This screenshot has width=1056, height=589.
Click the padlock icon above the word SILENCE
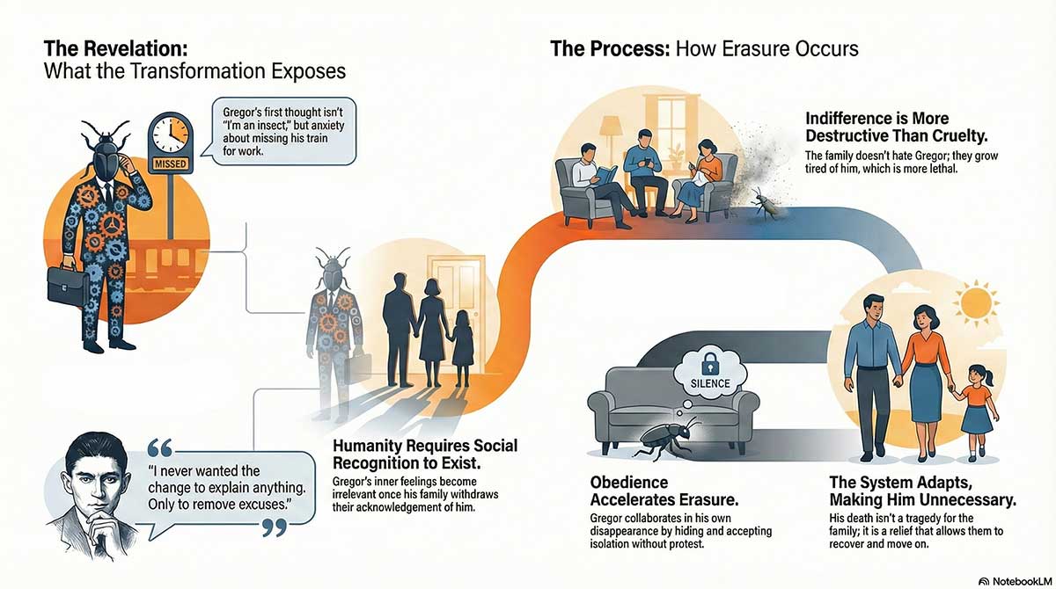click(x=706, y=361)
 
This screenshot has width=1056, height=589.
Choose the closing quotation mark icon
click(x=275, y=527)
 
